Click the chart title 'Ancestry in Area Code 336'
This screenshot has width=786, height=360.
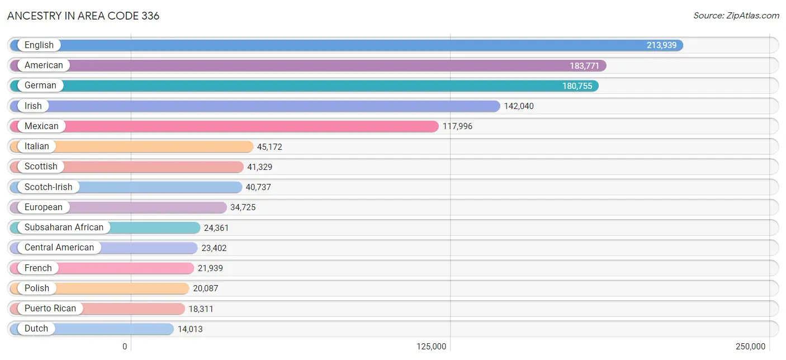83,16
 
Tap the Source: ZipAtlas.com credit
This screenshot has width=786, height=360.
736,16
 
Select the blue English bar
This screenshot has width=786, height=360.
347,45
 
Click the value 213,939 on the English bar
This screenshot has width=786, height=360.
661,45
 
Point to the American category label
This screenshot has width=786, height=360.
44,65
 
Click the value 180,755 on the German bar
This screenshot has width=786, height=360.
577,86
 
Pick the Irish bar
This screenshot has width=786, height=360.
255,106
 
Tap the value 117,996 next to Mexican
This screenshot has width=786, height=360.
457,126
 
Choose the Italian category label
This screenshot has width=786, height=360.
36,146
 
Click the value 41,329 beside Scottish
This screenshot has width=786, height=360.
259,167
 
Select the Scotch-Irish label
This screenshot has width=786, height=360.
49,187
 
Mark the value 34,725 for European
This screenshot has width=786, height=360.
243,207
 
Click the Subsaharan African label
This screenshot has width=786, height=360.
64,228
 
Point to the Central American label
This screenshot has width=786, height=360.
59,248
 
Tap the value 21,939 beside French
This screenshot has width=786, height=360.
210,268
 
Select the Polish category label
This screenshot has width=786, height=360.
37,288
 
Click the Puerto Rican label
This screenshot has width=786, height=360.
50,309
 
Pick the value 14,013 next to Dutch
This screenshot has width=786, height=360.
190,329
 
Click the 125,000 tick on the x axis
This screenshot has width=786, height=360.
431,347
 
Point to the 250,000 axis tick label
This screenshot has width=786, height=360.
751,347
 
